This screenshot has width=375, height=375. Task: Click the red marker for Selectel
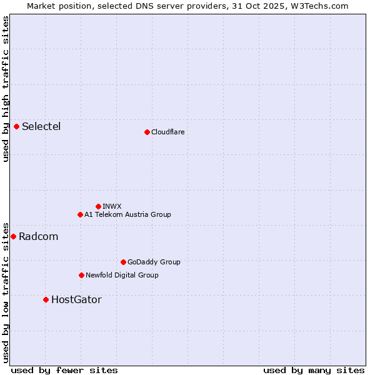(x=17, y=126)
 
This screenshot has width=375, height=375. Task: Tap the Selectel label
(x=41, y=127)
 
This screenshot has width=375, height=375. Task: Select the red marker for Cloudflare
(x=147, y=132)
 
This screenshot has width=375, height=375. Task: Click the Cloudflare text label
(x=167, y=132)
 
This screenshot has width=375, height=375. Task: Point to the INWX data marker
(x=98, y=206)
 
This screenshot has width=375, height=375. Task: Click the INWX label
(x=112, y=206)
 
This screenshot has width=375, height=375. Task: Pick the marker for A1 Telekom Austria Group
(x=80, y=214)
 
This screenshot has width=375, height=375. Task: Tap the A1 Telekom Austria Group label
(x=127, y=215)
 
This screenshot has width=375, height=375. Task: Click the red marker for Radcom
(x=14, y=236)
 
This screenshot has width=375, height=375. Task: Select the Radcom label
(x=38, y=237)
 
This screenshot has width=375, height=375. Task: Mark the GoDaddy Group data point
(x=123, y=262)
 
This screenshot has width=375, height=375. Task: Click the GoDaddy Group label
(x=154, y=262)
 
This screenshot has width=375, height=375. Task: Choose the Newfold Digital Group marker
(x=81, y=275)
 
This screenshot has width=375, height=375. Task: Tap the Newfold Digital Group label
(x=122, y=276)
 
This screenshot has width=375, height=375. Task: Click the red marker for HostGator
(x=46, y=299)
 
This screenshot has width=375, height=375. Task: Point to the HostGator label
(x=76, y=300)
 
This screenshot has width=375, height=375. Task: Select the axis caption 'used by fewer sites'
(x=64, y=370)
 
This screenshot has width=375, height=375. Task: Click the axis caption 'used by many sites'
(x=314, y=370)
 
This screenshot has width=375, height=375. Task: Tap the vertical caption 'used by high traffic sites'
(x=6, y=89)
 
